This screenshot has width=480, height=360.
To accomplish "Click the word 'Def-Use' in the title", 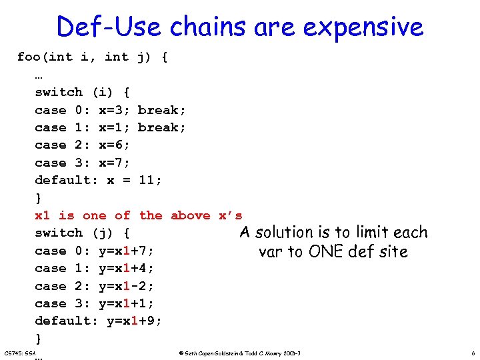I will [x=110, y=27].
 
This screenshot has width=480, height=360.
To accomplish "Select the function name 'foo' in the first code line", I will [x=29, y=57].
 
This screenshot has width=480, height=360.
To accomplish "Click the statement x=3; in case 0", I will [x=114, y=110].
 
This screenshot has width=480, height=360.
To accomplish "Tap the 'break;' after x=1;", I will [x=162, y=127].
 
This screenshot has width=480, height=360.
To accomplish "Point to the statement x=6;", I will [x=114, y=145].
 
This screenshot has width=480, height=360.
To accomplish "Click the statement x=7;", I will [x=114, y=163].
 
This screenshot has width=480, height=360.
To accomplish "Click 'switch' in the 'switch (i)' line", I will [x=59, y=92].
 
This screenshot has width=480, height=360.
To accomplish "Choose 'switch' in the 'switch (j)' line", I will [x=59, y=233].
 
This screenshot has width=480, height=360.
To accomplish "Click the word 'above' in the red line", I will [x=191, y=215].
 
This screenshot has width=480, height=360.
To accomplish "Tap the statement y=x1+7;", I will [x=126, y=251].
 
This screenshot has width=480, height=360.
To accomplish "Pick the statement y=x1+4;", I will [x=126, y=268].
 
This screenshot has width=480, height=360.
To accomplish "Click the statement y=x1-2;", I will [x=126, y=286].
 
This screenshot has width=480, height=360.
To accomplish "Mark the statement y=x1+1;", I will [x=126, y=303].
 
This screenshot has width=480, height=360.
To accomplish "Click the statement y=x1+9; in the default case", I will [x=134, y=321].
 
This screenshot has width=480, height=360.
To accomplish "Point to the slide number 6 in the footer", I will [x=473, y=352].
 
